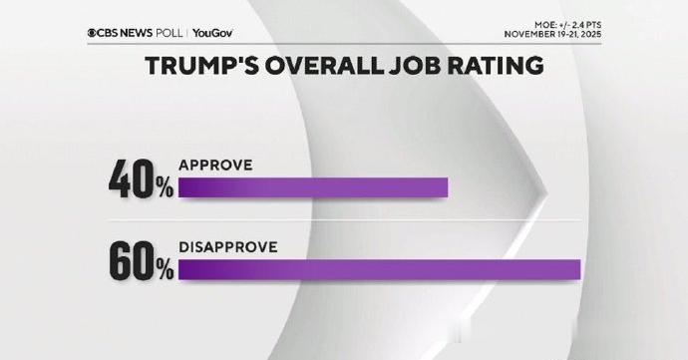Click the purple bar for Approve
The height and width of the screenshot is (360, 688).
point(313,188)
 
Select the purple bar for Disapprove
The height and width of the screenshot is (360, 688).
point(379,269)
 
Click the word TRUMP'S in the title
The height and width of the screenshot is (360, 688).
point(203,67)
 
